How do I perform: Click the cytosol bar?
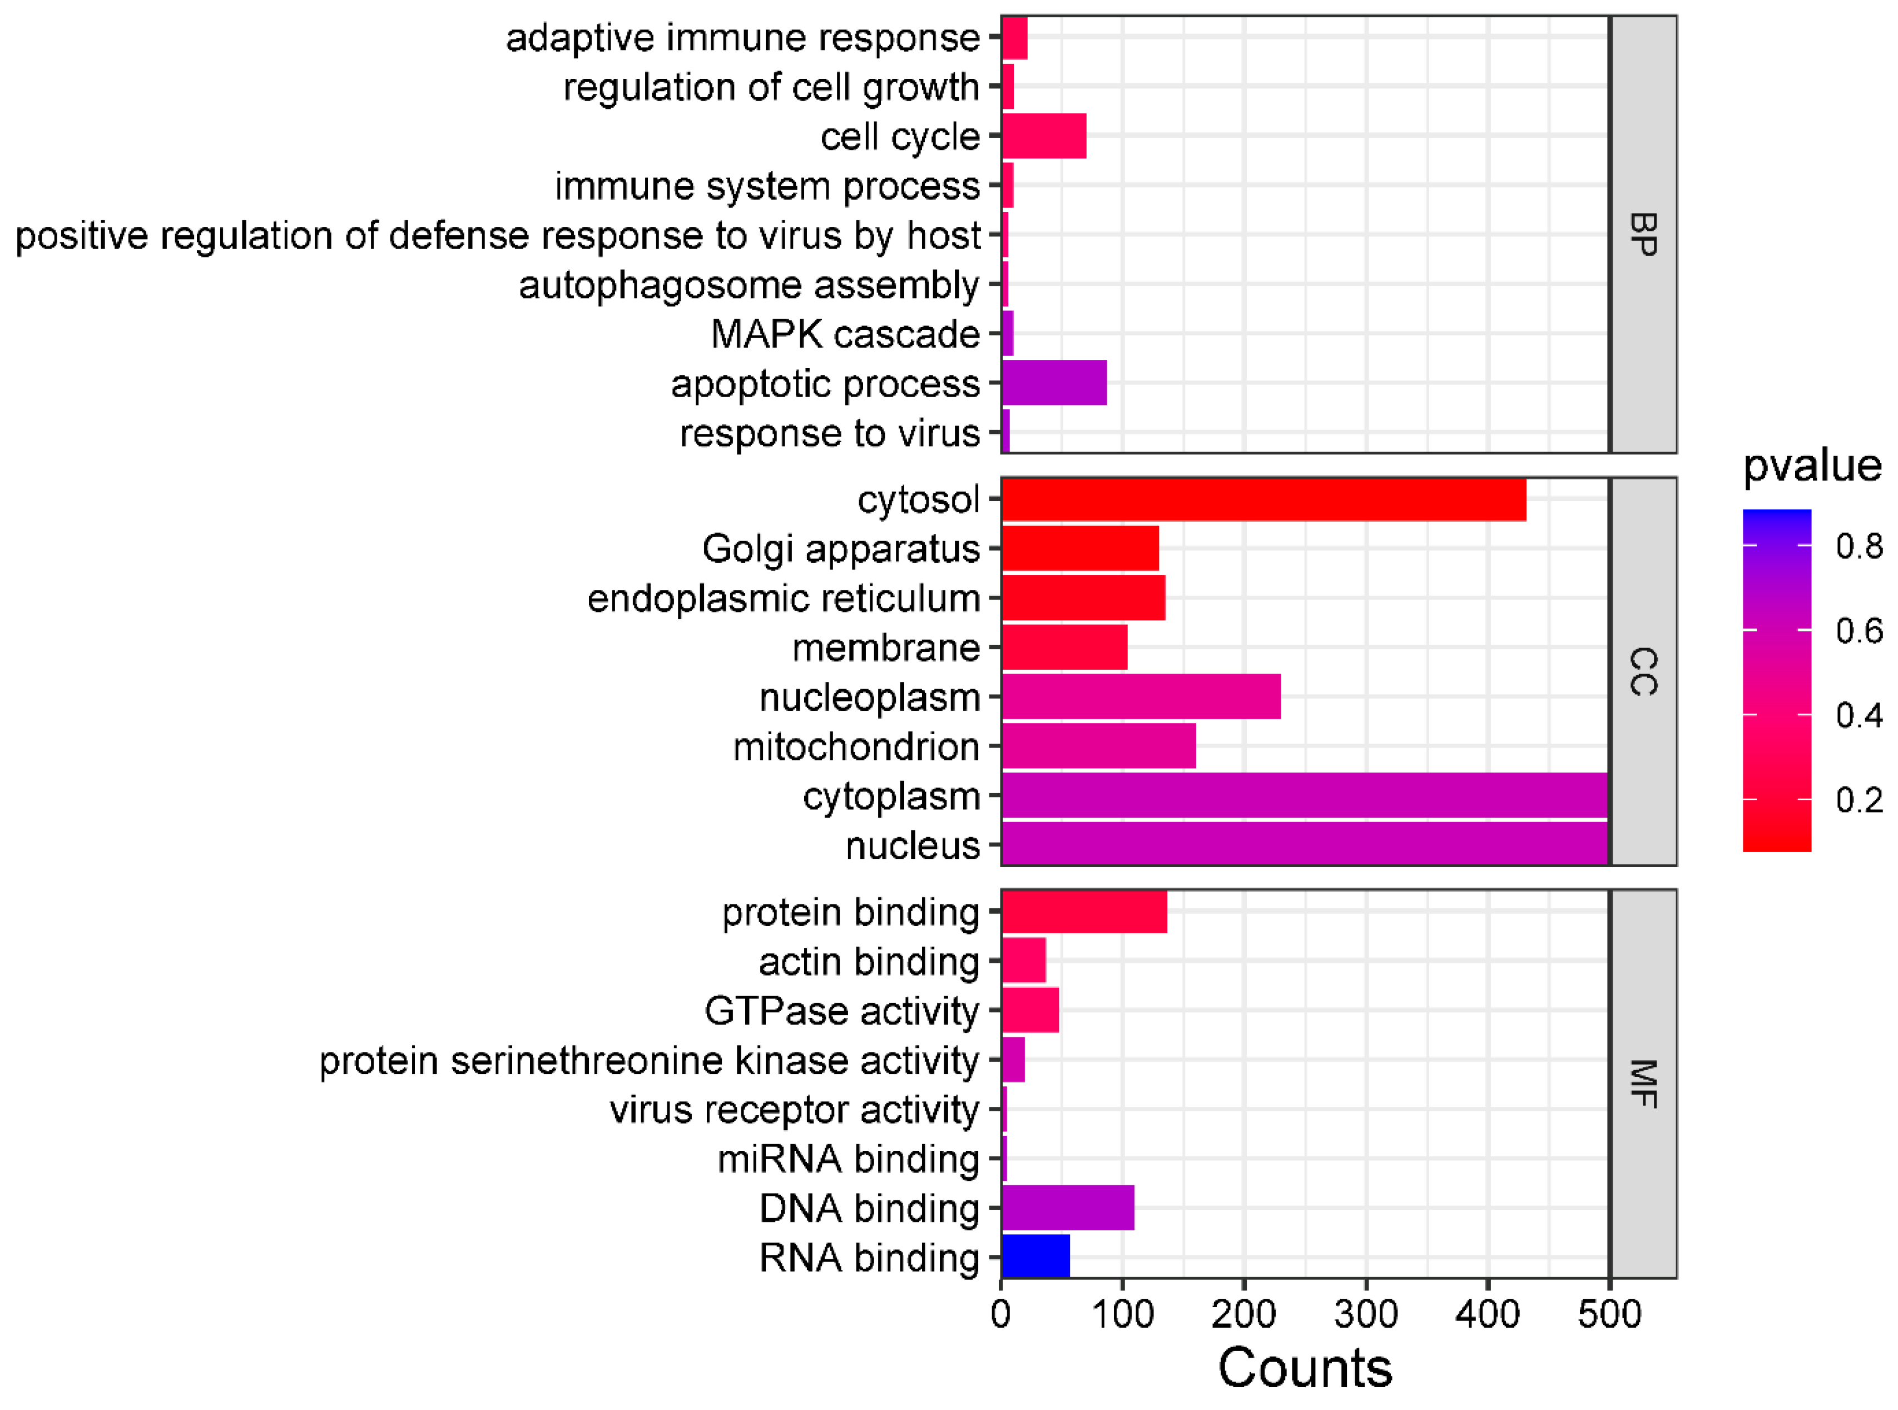pyautogui.click(x=1263, y=499)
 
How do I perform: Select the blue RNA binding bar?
pyautogui.click(x=1035, y=1256)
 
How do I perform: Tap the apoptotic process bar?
pyautogui.click(x=1054, y=382)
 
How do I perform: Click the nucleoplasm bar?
pyautogui.click(x=1141, y=696)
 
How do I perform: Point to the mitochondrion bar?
pyautogui.click(x=1098, y=746)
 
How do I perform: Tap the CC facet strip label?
pyautogui.click(x=1643, y=672)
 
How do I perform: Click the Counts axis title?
pyautogui.click(x=1304, y=1369)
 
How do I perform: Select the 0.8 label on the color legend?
pyautogui.click(x=1859, y=546)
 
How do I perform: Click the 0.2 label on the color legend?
pyautogui.click(x=1859, y=800)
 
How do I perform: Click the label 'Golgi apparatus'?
pyautogui.click(x=841, y=549)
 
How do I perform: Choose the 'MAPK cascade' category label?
pyautogui.click(x=845, y=334)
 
